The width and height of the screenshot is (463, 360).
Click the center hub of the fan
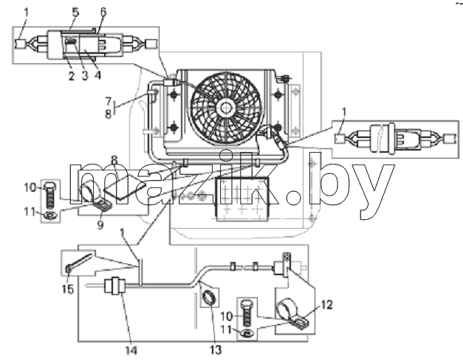[x=226, y=108]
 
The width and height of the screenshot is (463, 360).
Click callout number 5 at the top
[x=75, y=13]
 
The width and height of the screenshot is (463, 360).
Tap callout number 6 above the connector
[x=103, y=12]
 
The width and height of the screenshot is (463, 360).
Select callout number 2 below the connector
[x=71, y=76]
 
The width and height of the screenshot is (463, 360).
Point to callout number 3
[x=85, y=75]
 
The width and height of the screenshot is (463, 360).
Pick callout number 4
[x=97, y=75]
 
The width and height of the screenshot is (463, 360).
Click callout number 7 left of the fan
[x=109, y=101]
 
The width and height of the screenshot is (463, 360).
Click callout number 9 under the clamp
[x=100, y=225]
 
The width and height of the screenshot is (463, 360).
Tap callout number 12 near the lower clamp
[x=326, y=305]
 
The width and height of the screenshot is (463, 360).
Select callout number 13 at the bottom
[x=216, y=350]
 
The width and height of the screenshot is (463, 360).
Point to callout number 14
[x=131, y=350]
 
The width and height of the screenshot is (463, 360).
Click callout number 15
[x=68, y=289]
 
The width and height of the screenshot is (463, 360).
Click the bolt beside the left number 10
[x=49, y=195]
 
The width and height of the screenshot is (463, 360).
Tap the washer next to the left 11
[x=49, y=215]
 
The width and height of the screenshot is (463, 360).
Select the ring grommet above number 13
[x=210, y=297]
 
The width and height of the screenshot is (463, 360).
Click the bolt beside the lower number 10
[x=247, y=314]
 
